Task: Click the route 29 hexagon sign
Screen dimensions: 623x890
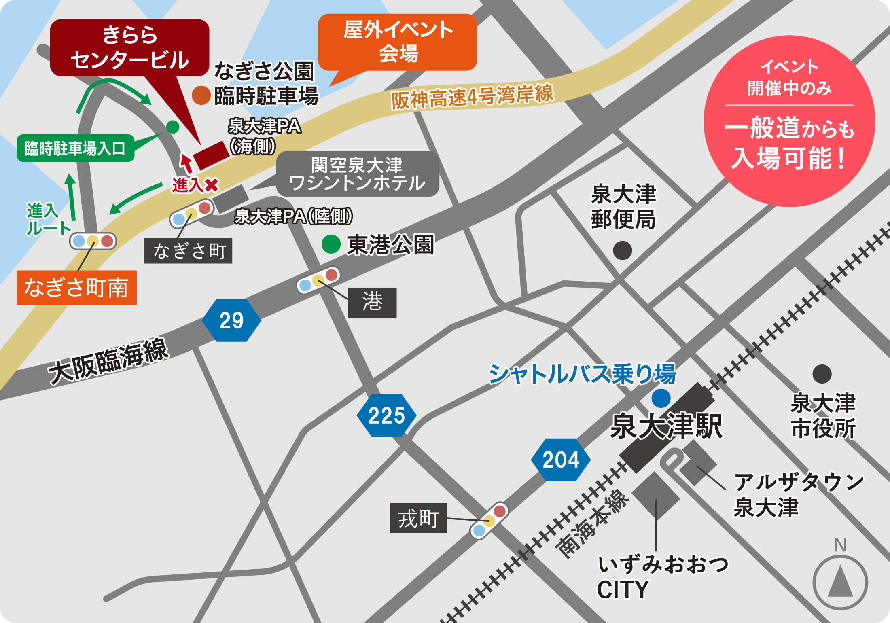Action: click(x=231, y=320)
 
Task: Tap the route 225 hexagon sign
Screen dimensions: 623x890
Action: click(x=386, y=415)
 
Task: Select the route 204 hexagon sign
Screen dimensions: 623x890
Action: click(x=561, y=460)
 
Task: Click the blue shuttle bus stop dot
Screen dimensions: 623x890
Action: click(x=661, y=398)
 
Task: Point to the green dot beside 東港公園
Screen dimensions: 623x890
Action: click(x=331, y=244)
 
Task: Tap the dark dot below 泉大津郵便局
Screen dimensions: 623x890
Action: click(x=622, y=250)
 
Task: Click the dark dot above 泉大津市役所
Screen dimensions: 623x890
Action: click(x=822, y=374)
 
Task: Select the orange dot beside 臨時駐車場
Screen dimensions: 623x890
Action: click(x=201, y=95)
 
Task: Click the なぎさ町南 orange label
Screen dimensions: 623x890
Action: click(x=76, y=288)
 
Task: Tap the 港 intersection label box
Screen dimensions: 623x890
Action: click(x=372, y=303)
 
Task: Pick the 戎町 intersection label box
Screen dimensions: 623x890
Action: click(x=418, y=518)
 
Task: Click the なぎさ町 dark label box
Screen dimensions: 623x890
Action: click(x=188, y=251)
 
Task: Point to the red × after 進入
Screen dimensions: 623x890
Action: click(x=212, y=185)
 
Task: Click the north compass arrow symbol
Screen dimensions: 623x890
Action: click(x=840, y=582)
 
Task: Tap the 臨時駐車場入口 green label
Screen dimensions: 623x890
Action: click(x=75, y=148)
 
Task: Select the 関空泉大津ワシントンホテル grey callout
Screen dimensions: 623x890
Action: click(x=358, y=174)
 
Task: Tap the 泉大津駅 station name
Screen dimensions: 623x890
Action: click(x=666, y=426)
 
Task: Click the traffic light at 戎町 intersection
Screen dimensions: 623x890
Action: click(x=489, y=520)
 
